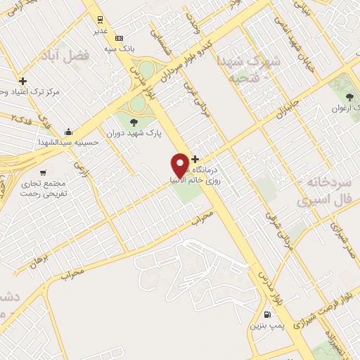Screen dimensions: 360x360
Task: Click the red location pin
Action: tap(180, 165)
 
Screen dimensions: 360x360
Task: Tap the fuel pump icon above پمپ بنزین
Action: tap(266, 315)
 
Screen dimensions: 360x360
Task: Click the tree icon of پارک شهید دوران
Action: tap(134, 124)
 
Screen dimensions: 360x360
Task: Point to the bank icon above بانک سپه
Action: tap(119, 37)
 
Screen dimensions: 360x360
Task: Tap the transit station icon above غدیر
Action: tap(101, 20)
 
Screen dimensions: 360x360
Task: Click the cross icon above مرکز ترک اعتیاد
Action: tap(23, 82)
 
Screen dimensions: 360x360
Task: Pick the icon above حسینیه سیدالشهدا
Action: tap(68, 131)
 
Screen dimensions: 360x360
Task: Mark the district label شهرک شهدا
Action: tap(245, 60)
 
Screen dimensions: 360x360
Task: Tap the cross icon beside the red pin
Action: tap(195, 160)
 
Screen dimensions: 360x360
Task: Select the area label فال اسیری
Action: tap(323, 200)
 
